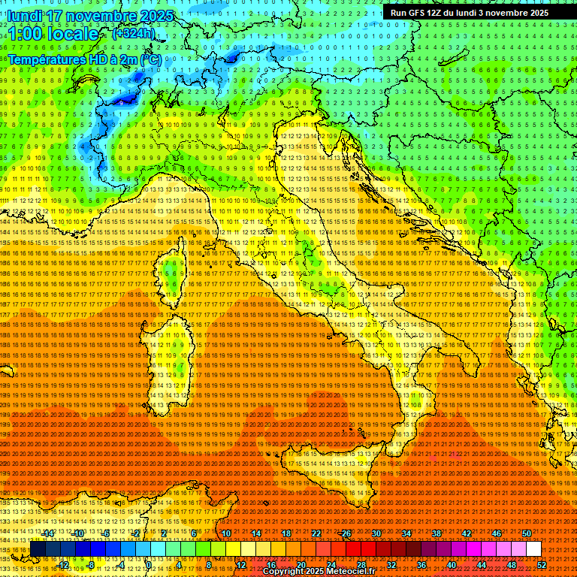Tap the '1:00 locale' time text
pos(54,34)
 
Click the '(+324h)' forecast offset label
pos(134,33)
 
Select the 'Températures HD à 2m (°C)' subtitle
pos(84,59)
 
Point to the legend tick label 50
pos(527,533)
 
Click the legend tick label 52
pos(542,565)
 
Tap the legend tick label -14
pos(48,533)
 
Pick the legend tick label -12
pos(63,565)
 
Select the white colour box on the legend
pos(533,549)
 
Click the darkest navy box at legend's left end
pos(38,549)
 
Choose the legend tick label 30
pos(376,533)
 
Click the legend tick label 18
pos(285,533)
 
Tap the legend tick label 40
pos(452,565)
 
